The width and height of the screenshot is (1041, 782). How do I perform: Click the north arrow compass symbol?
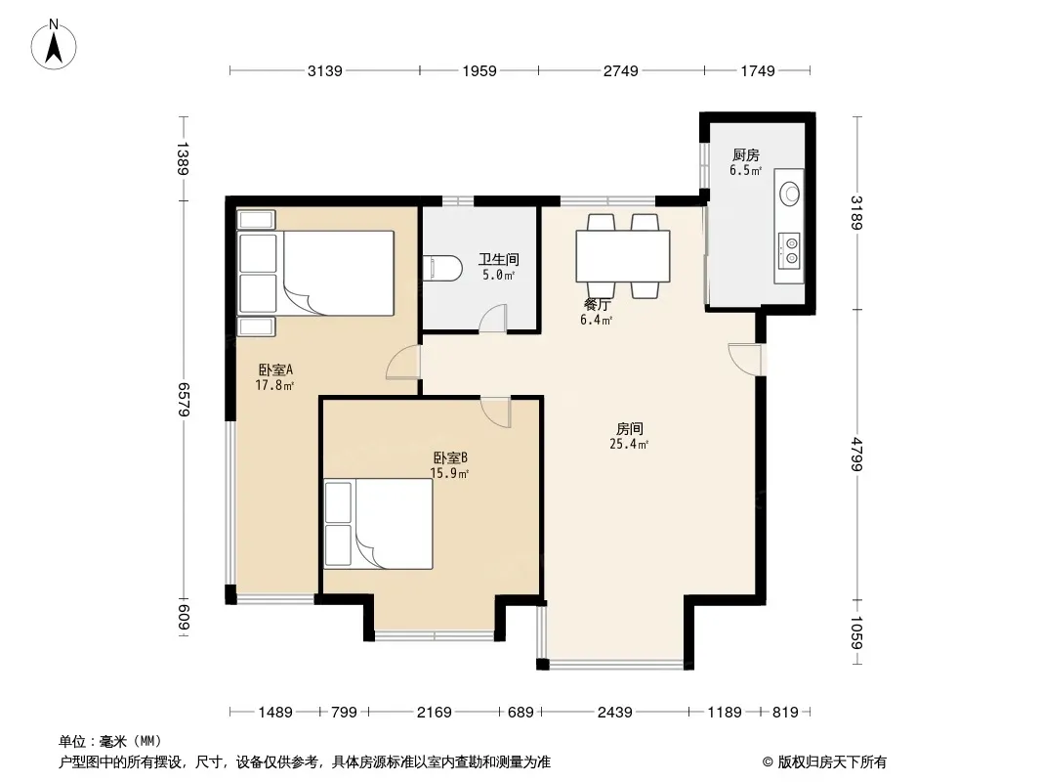54,45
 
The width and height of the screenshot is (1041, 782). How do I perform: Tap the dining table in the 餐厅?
623,256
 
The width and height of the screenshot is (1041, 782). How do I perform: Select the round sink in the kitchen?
790,194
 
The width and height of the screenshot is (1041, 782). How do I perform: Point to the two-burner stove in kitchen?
790,250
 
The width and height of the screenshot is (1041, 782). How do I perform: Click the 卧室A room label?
275,369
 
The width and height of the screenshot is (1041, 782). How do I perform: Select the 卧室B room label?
450,457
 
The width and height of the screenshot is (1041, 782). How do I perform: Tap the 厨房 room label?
745,154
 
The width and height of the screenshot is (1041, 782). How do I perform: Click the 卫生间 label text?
499,259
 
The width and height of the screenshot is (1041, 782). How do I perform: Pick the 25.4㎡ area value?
629,445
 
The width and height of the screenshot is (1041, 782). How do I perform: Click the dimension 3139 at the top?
324,70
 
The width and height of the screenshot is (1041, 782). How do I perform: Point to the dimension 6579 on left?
184,400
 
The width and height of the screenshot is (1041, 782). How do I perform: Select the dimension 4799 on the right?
856,455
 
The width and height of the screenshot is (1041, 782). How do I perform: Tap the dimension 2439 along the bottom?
615,713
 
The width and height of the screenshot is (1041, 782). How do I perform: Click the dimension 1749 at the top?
758,70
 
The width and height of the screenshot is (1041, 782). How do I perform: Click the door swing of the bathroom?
493,318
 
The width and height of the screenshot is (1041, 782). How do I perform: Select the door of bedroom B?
496,412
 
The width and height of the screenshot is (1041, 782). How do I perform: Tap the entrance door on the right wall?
745,360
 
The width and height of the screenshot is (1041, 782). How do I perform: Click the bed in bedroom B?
379,524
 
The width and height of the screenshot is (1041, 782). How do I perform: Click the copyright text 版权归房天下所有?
832,762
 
